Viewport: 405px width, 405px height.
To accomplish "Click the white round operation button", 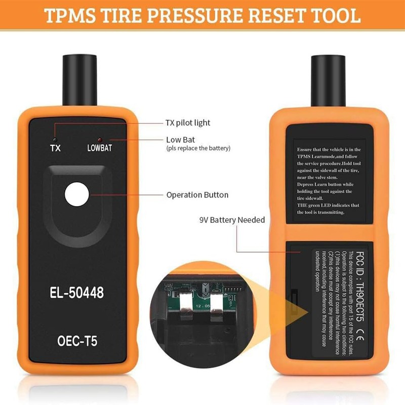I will [x=76, y=194].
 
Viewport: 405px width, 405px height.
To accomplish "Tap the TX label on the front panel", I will [x=55, y=148].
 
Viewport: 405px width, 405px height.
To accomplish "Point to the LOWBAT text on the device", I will [x=100, y=148].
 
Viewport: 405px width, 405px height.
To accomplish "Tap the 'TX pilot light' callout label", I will [x=187, y=123].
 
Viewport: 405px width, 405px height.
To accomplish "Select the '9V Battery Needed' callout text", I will [x=232, y=220].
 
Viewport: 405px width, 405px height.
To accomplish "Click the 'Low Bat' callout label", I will [x=180, y=139].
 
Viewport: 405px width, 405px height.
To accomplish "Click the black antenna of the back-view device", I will [x=330, y=76].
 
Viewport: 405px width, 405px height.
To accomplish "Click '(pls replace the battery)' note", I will [x=198, y=148].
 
